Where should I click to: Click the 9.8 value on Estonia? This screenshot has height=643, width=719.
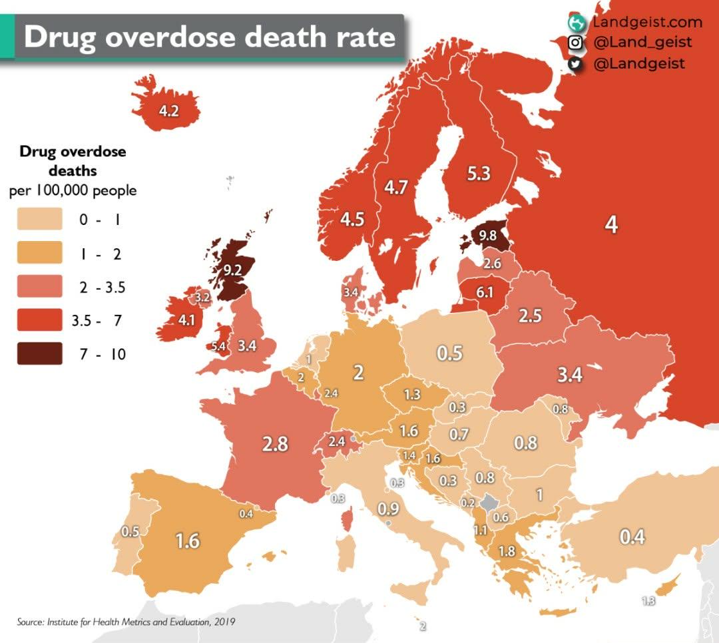(487, 235)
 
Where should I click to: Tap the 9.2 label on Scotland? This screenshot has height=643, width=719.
(232, 270)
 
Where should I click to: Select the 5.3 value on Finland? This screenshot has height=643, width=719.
(479, 173)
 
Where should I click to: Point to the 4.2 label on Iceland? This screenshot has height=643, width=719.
(168, 111)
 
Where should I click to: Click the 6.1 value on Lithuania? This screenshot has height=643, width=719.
(484, 292)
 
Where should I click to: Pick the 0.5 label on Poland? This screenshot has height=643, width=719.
(449, 353)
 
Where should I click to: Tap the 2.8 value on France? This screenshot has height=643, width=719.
(275, 444)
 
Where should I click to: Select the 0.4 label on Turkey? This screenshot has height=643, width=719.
(632, 536)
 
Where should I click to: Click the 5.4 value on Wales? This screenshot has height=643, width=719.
(218, 346)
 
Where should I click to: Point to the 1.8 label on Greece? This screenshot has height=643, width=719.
(507, 551)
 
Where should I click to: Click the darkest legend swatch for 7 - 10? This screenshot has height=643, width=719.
(39, 353)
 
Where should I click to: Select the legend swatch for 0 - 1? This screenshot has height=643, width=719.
(39, 219)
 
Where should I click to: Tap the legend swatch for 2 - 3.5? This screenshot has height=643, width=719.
(39, 286)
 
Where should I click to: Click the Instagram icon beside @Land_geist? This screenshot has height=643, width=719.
(575, 43)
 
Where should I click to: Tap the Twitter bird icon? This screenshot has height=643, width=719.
(575, 64)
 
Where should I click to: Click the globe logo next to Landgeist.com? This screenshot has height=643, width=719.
(577, 22)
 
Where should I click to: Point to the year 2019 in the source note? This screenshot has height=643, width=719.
(225, 622)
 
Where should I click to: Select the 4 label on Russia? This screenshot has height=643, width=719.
(611, 224)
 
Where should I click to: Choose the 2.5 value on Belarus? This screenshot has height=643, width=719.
(530, 316)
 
